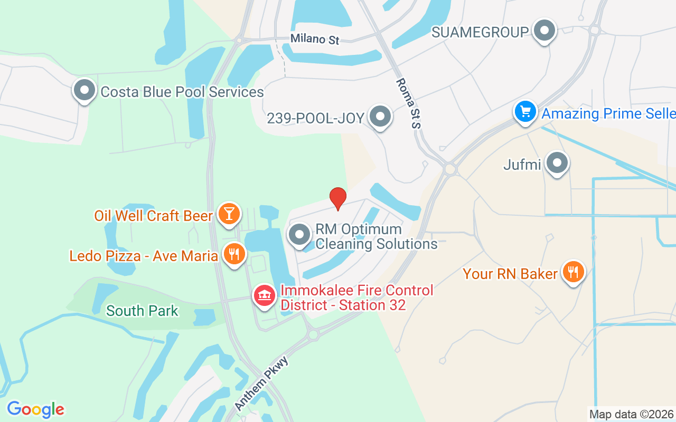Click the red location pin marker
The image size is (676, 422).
tap(338, 198)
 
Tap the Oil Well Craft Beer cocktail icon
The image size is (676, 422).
tap(229, 214)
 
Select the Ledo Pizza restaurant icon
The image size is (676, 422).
tap(233, 254)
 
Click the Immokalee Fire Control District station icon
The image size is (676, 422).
tap(265, 295)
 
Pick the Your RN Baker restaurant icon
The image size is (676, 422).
tap(572, 272)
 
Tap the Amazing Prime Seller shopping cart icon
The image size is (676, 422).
tap(525, 112)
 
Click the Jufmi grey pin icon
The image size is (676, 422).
tap(557, 163)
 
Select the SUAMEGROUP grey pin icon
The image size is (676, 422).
tap(544, 31)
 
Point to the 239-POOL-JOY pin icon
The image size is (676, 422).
tap(379, 117)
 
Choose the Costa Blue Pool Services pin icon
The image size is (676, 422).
tap(84, 90)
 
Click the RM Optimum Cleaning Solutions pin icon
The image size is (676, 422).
tap(300, 235)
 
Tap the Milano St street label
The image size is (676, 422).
tap(315, 39)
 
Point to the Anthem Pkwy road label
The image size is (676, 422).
tap(262, 383)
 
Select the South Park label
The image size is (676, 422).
tap(143, 311)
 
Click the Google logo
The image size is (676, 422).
tap(35, 409)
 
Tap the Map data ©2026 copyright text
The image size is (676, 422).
tap(632, 414)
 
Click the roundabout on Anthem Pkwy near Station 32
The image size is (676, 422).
tap(313, 334)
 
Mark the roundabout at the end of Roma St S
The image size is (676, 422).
tap(450, 169)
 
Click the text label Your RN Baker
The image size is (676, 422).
tap(510, 274)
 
